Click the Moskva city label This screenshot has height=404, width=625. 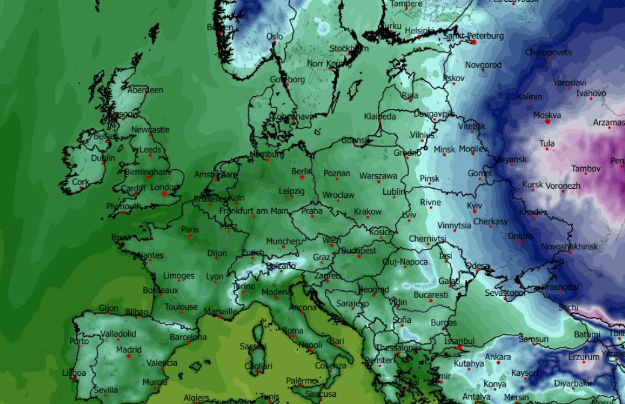point(547,115)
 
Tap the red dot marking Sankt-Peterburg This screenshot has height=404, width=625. point(474,42)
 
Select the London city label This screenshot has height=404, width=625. point(164,187)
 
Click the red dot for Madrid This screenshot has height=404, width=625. point(128,356)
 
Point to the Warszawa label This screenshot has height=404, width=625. point(378,176)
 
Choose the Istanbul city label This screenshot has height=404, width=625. point(459,341)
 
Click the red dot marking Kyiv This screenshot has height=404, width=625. point(474,212)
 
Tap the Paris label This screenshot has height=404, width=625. point(190,229)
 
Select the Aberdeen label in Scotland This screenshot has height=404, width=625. point(145,90)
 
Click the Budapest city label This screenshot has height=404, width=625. point(359,250)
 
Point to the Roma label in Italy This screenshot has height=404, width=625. point(293,331)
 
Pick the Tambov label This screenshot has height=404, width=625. point(585,169)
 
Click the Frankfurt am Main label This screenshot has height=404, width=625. point(253,211)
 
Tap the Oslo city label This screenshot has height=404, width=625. point(274,37)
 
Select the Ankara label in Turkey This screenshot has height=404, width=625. point(497,357)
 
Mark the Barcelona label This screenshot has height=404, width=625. point(188,337)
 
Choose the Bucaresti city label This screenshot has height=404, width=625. point(431,295)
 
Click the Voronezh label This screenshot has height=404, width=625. point(563,186)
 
